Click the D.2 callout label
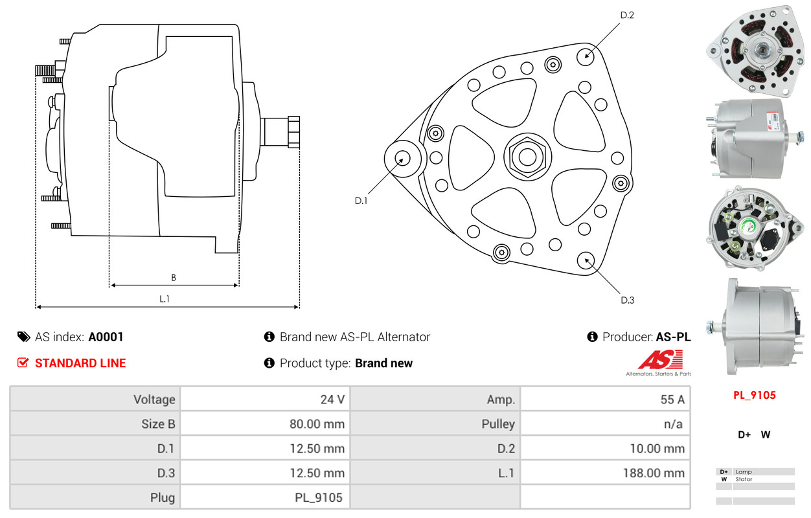click(627, 15)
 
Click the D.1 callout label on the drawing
click(361, 201)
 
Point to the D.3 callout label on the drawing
click(627, 300)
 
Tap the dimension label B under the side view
click(174, 278)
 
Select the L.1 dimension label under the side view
click(165, 298)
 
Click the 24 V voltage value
click(332, 400)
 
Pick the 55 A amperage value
click(672, 400)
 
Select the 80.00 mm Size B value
click(317, 424)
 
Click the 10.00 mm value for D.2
click(656, 448)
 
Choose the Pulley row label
click(498, 424)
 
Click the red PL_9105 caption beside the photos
click(754, 395)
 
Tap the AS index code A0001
click(106, 337)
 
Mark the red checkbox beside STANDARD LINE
click(23, 363)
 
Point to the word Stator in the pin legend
click(744, 480)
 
